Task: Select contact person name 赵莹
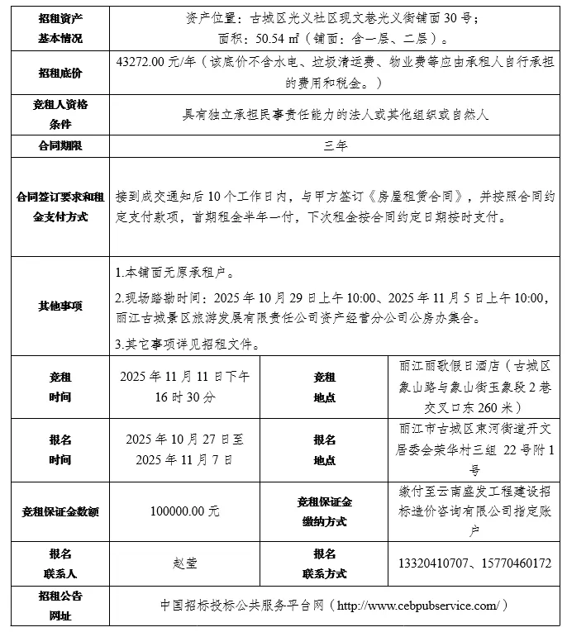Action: (185, 563)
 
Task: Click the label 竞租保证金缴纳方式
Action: (324, 511)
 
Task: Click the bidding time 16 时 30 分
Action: (185, 397)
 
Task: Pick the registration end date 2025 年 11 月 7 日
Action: (185, 459)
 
